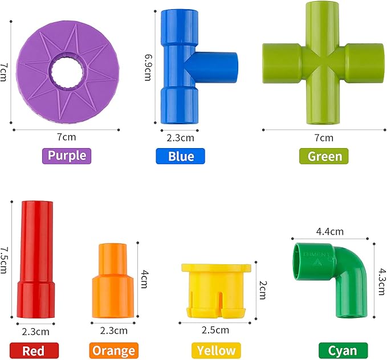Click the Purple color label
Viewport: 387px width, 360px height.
[67, 156]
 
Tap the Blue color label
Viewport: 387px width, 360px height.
[180, 156]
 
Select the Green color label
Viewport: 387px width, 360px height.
[324, 156]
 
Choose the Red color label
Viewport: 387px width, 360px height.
[34, 350]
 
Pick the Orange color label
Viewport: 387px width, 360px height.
[113, 350]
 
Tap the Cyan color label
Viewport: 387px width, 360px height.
[343, 350]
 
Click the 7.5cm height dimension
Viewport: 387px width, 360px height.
[5, 260]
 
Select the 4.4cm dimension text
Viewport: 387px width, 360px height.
[329, 231]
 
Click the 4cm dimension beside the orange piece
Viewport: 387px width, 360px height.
[144, 279]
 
